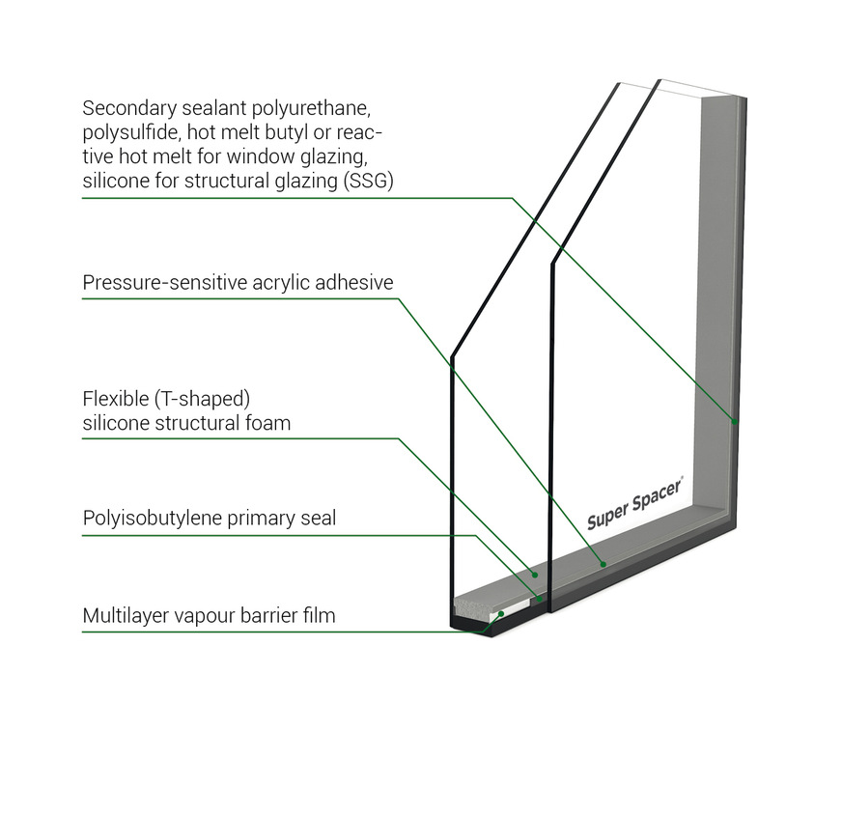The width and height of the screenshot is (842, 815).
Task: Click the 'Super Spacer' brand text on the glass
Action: pos(634,503)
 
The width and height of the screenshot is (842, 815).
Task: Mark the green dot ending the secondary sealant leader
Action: pos(735,422)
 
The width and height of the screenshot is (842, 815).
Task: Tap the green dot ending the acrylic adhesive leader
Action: pos(602,563)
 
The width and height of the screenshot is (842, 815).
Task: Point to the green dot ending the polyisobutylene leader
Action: pos(538,598)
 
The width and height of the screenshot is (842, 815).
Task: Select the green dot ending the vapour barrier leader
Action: pos(501,614)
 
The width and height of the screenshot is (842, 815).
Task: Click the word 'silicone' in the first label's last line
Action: pos(114,181)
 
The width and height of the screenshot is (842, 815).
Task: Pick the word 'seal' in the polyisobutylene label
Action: pos(319,519)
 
